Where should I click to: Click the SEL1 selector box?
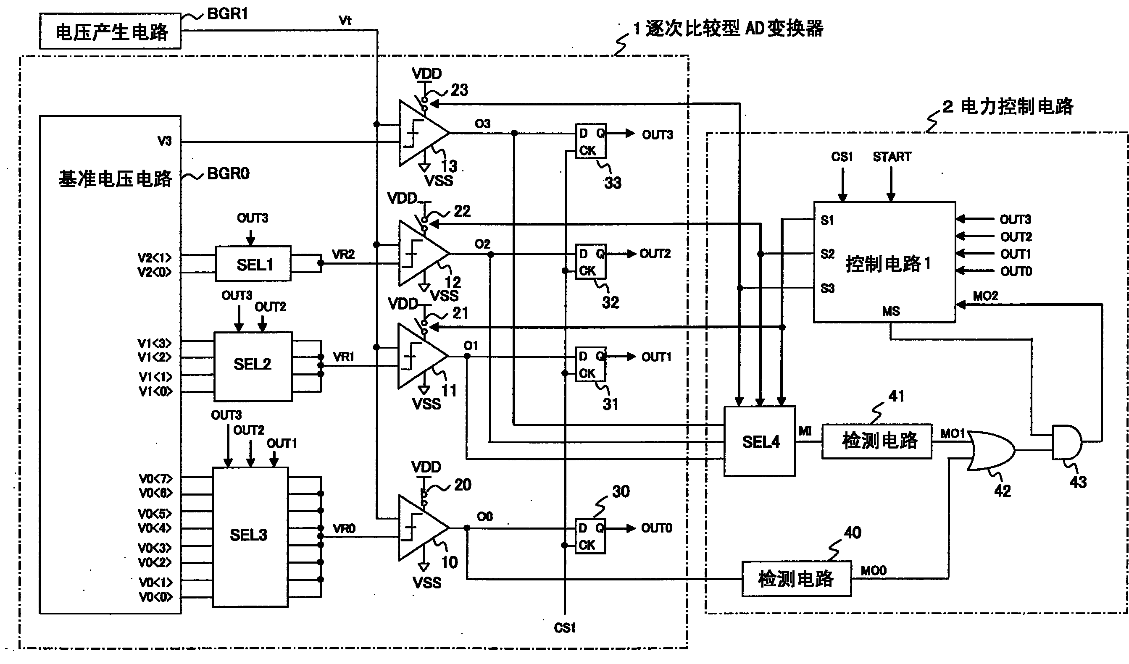(253, 264)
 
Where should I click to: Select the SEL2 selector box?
(253, 366)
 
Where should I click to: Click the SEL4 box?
(760, 441)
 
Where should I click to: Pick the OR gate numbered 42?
(990, 450)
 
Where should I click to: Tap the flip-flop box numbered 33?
(590, 141)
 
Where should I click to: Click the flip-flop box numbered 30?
(590, 536)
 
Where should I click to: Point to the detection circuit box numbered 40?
(796, 579)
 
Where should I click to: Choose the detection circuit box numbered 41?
(877, 441)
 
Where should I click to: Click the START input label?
(892, 157)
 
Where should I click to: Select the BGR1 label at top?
(228, 14)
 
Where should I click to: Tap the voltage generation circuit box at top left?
(110, 31)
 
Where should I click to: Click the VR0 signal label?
(344, 529)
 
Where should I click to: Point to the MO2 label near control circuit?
(985, 296)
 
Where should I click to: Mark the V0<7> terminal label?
(155, 479)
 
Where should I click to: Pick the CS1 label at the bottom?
(565, 628)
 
